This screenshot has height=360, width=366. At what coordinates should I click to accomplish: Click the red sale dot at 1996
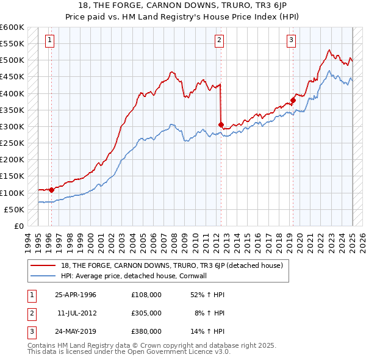51,190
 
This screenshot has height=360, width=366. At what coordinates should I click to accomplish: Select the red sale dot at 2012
221,124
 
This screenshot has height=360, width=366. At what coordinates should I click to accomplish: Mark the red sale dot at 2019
293,100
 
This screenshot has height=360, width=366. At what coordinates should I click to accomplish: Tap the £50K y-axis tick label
15,209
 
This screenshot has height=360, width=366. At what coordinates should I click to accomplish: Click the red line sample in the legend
43,266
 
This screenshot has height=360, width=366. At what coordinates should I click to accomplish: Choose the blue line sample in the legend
43,276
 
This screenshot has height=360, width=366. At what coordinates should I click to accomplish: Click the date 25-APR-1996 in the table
76,295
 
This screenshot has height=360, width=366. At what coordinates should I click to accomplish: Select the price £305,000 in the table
146,313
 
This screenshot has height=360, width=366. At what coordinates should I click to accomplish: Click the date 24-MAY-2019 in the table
76,331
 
